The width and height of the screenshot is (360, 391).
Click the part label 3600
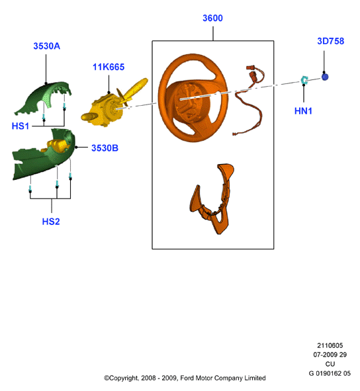212,18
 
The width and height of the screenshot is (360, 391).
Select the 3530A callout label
46,46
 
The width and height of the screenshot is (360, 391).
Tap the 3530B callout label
105,148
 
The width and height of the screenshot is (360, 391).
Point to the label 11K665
109,67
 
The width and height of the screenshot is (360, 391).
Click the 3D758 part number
331,41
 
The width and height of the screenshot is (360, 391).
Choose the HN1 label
303,111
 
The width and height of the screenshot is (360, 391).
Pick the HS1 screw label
21,126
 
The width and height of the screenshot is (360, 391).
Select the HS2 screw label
51,222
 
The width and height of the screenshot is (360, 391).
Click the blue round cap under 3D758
324,77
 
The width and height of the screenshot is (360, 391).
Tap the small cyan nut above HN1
304,80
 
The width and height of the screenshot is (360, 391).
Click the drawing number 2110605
330,345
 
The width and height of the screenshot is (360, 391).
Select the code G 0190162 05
330,373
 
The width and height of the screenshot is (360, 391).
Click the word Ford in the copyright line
187,378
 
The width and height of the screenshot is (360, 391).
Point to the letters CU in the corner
330,364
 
